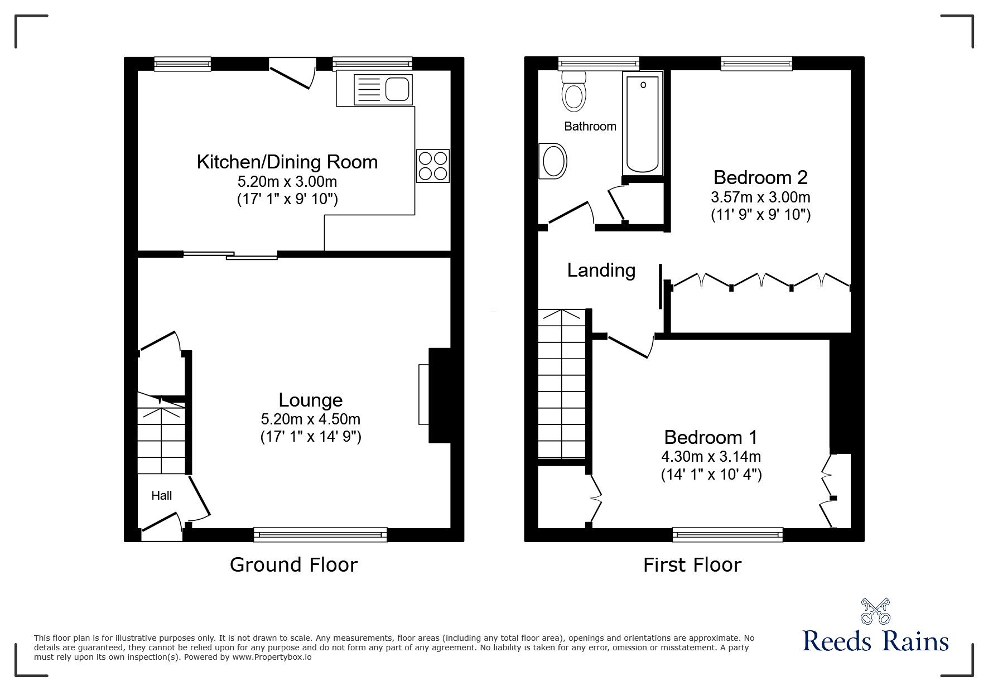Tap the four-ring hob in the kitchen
432,166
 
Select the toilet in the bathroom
573,92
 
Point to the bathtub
643,124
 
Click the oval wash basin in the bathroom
553,162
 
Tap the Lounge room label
310,400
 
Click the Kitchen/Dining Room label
287,162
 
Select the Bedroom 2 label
760,177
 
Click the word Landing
601,270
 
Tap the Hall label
162,495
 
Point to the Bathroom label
590,126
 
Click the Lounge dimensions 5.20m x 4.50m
310,419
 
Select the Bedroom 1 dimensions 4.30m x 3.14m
711,457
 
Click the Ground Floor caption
293,565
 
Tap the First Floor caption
692,565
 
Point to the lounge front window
320,535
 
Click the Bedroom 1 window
727,535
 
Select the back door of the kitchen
292,74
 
